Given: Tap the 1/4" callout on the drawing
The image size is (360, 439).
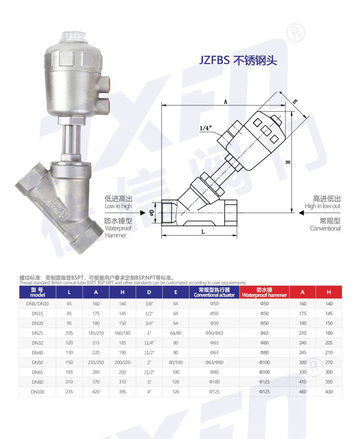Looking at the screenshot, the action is click(206, 128).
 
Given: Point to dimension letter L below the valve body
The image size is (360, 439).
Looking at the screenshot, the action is click(203, 231).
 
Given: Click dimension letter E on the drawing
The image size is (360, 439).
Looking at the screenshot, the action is click(295, 102).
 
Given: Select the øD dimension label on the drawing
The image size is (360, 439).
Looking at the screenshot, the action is click(152, 213).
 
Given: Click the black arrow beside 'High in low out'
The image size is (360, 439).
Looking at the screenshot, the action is click(301, 213).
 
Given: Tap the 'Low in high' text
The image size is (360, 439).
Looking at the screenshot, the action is click(118, 206).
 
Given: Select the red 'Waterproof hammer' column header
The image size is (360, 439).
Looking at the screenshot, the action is click(264, 292).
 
